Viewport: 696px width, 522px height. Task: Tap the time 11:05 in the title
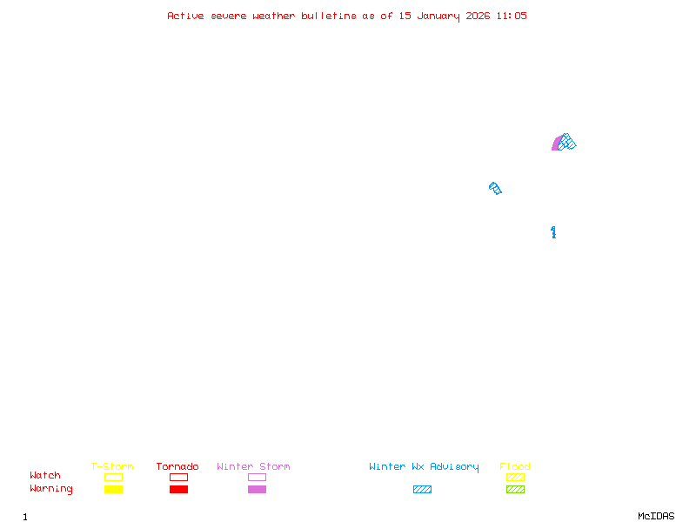(512, 16)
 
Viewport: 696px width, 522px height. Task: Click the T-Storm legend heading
(112, 467)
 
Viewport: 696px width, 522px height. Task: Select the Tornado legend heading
(177, 467)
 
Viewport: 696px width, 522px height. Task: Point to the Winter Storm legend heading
(253, 467)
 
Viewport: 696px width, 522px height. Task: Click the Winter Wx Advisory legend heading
(424, 467)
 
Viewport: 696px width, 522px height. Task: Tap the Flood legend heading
(515, 467)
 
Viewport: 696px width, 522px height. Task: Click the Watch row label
(45, 476)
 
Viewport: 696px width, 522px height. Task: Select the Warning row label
(51, 489)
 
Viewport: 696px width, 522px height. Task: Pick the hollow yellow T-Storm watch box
(113, 477)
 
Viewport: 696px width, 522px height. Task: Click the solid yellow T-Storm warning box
(113, 489)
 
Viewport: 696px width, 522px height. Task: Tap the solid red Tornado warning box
(178, 489)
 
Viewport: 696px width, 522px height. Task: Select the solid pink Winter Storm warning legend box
(257, 489)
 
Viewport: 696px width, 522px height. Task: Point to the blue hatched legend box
(422, 489)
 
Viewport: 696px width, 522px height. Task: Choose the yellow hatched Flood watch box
(515, 477)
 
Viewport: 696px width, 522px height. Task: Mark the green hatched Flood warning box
(515, 489)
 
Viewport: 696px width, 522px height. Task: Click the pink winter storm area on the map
(556, 144)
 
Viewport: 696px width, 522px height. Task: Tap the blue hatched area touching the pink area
(567, 141)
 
